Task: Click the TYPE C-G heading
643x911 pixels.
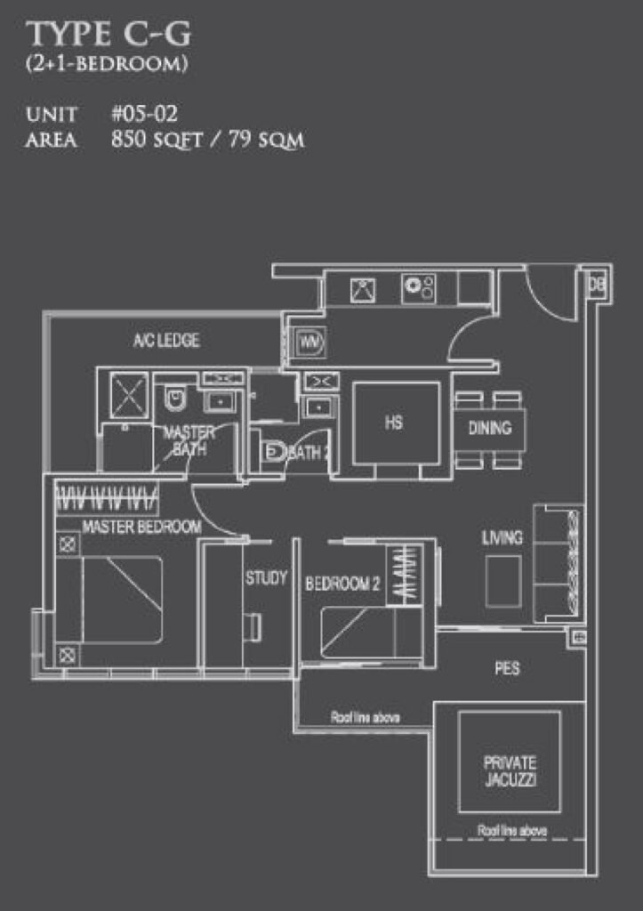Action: point(109,34)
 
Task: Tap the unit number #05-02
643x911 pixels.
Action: point(144,113)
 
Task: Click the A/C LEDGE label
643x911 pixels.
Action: point(166,340)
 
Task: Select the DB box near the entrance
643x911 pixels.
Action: point(596,284)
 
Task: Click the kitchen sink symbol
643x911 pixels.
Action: point(363,290)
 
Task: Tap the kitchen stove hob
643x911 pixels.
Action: point(419,288)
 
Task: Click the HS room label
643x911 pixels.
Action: point(393,423)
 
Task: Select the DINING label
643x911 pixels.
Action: point(490,428)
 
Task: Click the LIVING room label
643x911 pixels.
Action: point(502,538)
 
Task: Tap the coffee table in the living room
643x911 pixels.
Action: point(503,581)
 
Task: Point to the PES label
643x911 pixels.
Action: point(507,668)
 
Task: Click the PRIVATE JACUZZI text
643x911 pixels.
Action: point(510,771)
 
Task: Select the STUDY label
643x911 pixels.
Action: point(266,577)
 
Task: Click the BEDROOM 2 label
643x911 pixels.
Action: point(342,584)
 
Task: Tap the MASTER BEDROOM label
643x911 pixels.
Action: point(141,527)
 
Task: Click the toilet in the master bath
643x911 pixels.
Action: point(174,397)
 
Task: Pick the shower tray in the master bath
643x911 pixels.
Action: point(129,395)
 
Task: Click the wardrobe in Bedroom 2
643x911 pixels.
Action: point(405,574)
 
